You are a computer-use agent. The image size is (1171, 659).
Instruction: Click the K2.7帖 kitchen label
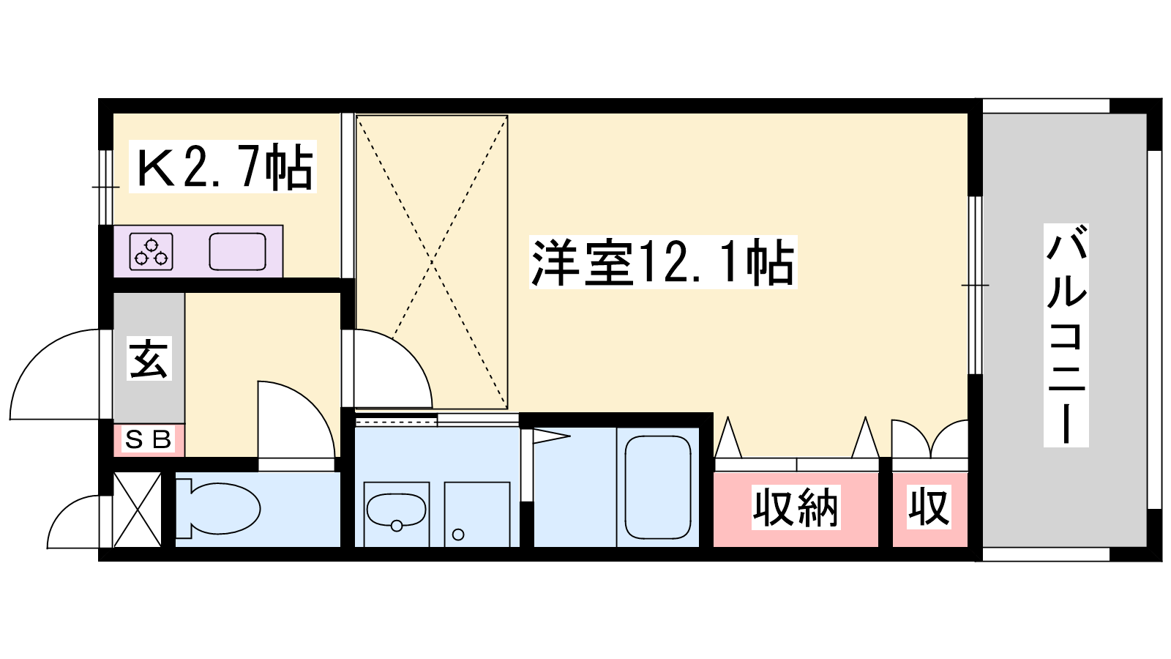222,166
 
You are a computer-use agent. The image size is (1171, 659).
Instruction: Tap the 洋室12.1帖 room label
663,262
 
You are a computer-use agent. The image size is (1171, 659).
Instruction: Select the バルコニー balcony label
1066,335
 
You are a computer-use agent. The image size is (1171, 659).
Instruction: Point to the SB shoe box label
149,440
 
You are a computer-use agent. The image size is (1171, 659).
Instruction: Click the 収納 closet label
796,507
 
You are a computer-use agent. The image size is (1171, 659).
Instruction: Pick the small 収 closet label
929,507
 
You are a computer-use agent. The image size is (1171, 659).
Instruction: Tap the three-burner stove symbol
151,252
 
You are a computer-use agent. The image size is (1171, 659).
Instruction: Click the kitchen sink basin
237,252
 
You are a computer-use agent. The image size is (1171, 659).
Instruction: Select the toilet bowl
219,508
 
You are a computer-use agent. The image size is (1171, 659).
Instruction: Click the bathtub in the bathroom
658,488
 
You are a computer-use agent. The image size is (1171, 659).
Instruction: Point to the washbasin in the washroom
396,510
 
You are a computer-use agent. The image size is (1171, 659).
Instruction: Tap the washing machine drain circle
458,535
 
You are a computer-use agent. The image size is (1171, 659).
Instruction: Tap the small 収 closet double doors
929,439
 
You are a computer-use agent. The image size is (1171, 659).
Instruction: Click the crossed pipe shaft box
138,510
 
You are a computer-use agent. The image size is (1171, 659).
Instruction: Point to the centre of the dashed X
433,262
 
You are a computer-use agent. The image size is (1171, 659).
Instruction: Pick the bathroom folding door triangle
551,436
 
